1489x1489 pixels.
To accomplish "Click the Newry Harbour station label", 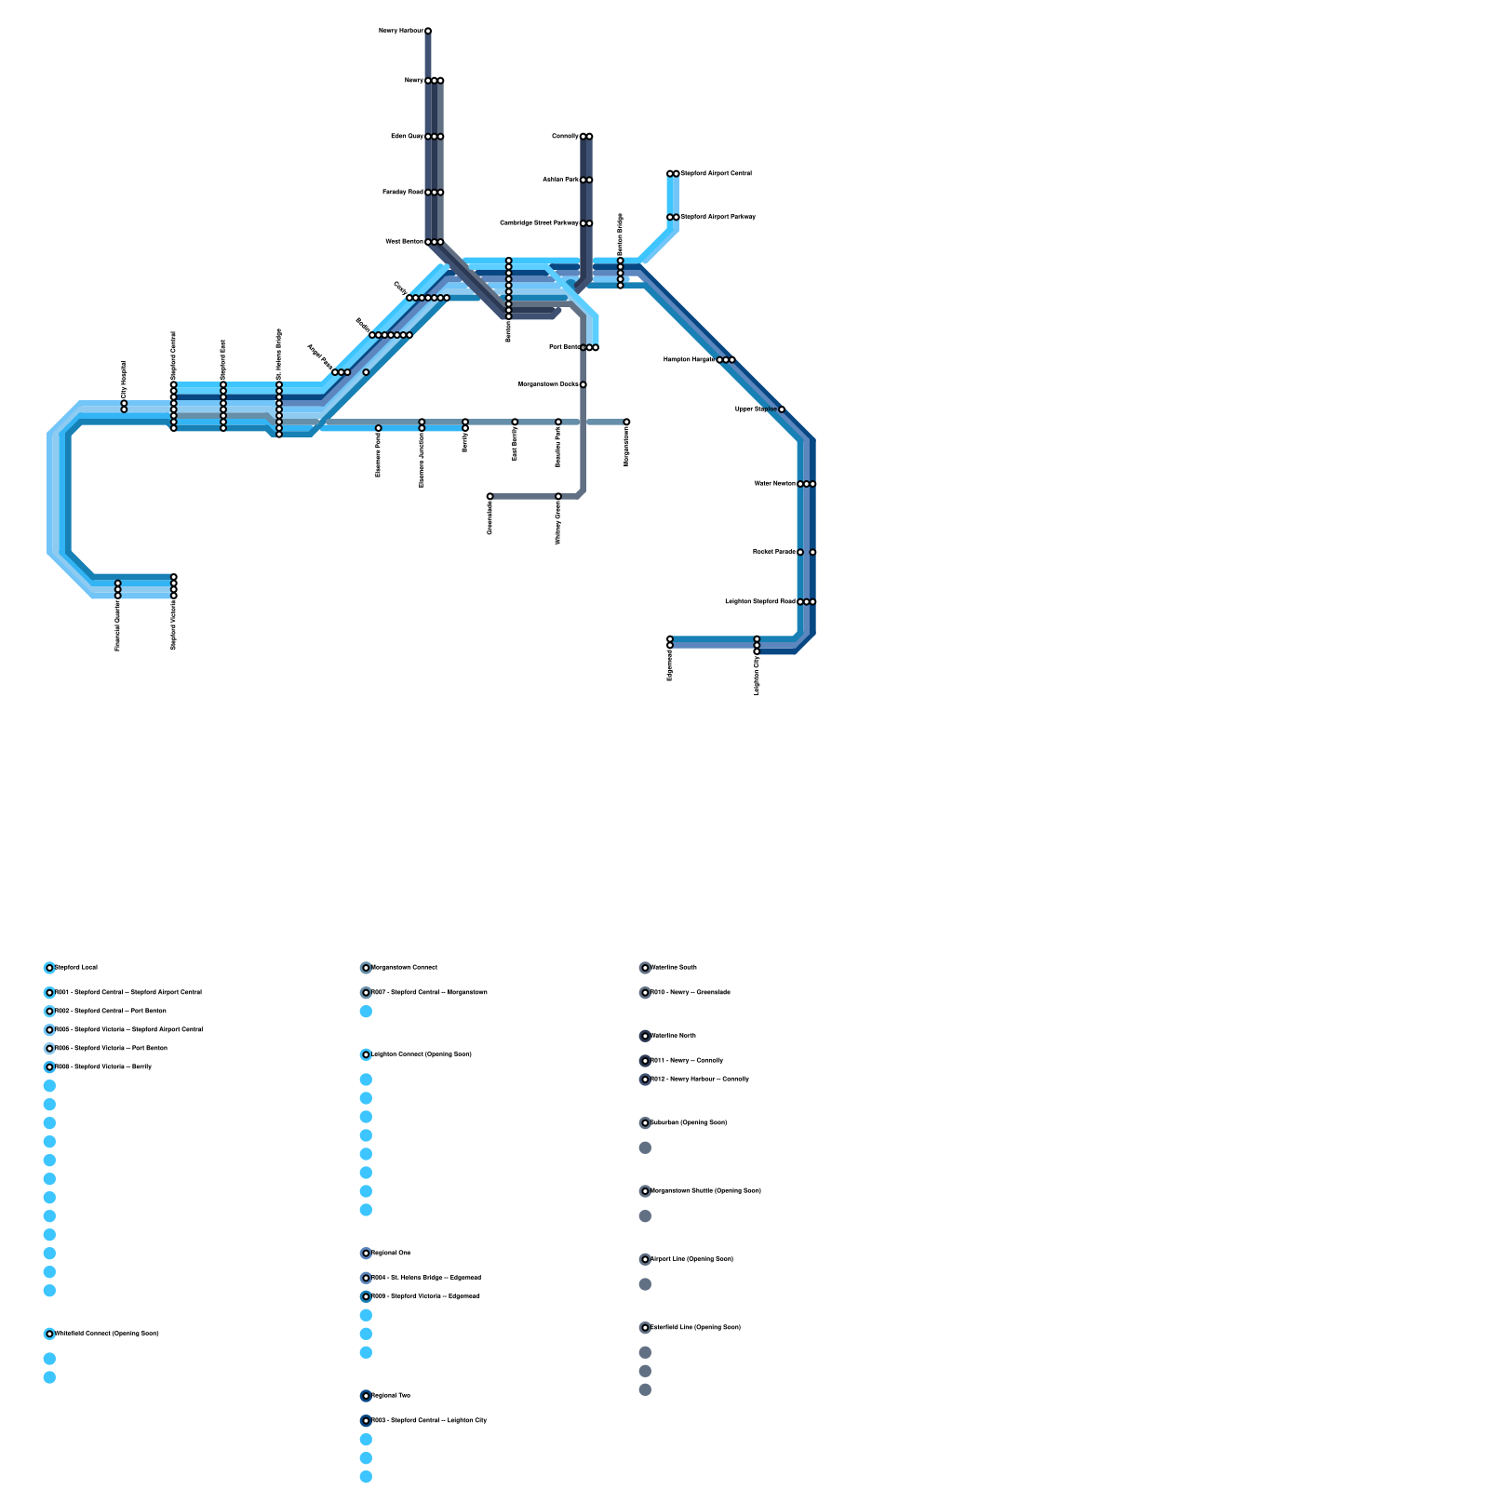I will coord(400,31).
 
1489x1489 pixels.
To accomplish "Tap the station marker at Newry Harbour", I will coord(428,31).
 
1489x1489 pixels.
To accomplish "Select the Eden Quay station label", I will coord(407,137).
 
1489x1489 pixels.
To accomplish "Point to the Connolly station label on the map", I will coord(565,137).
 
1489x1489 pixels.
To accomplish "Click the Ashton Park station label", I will coord(560,180).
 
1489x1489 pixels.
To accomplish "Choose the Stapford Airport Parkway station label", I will coord(718,217).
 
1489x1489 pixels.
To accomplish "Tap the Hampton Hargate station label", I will coord(689,359).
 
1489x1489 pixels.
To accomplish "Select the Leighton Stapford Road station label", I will coord(759,602).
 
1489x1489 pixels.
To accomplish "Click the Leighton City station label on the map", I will coord(757,675).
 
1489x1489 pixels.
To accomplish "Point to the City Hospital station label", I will coord(124,380).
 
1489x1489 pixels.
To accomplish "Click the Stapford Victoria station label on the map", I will coord(174,625).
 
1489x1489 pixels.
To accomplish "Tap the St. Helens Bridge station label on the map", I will coord(279,354).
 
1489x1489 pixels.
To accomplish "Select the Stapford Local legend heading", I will coord(76,968).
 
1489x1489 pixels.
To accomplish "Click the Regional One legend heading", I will coord(391,1254).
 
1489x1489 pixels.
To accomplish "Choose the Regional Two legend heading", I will coord(391,1396).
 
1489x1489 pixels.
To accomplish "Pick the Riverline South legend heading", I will coord(674,968).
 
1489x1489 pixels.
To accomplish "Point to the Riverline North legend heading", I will coord(674,1036).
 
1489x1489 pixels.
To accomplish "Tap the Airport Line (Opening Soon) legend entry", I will coord(691,1259).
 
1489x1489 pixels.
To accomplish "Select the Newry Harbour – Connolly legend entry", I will coord(700,1080).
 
